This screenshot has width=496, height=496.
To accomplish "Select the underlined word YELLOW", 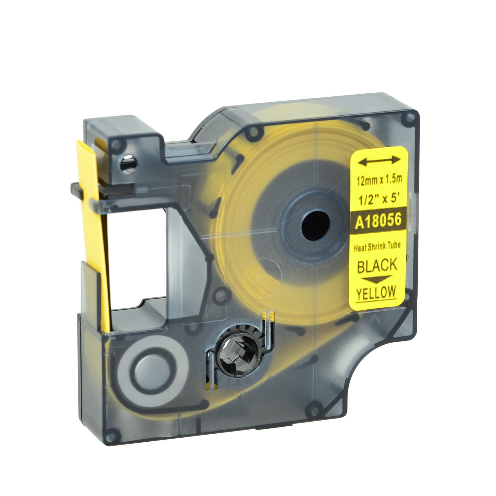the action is [376, 293].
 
